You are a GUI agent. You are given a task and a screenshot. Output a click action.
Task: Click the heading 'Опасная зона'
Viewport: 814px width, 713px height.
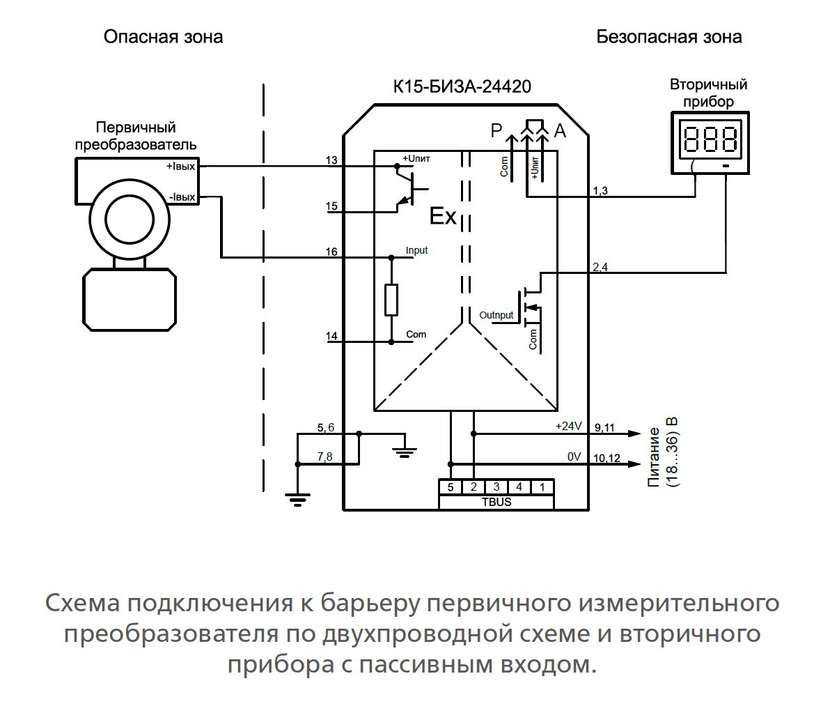tap(163, 36)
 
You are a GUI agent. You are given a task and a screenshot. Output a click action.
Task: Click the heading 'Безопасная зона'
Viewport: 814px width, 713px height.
tap(669, 36)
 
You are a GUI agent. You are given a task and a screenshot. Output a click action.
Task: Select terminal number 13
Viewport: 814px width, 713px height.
tap(331, 161)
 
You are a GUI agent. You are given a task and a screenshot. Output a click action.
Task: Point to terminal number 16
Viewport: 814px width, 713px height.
tap(331, 252)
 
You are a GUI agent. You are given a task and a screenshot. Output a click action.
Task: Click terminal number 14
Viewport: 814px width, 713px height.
tap(331, 336)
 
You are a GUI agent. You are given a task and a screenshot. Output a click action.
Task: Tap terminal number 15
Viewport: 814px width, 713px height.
tap(331, 206)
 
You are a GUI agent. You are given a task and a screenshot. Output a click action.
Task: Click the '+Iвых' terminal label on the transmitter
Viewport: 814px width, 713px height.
tap(180, 167)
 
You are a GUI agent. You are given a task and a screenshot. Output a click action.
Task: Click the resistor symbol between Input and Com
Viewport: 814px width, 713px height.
tap(391, 300)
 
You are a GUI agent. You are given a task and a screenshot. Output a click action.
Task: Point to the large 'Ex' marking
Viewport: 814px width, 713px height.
tap(442, 217)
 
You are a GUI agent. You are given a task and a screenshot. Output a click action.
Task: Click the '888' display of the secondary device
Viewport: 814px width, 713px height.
tap(710, 140)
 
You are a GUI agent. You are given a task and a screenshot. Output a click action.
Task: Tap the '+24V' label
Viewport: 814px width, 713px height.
tap(568, 426)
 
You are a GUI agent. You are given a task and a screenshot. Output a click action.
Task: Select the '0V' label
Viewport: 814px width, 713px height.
tap(574, 457)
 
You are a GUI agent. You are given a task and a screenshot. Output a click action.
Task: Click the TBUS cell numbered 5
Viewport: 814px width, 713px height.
tap(451, 486)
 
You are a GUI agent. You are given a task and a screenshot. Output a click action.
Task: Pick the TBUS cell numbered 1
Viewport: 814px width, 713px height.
tap(542, 486)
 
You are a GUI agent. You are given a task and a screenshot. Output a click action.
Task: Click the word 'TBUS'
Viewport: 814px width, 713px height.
tap(496, 501)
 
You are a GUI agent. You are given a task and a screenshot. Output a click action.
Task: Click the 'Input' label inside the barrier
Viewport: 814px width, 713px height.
tap(416, 250)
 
